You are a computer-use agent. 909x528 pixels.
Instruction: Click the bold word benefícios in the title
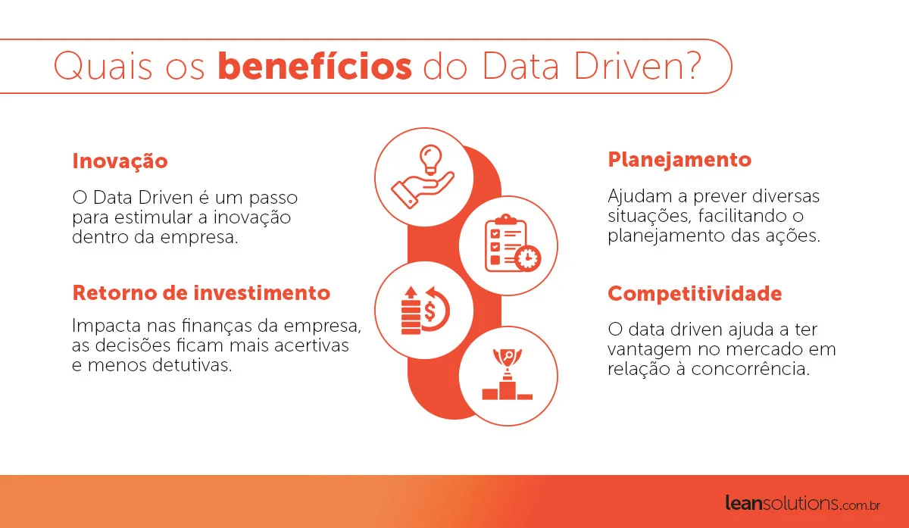[x=315, y=65]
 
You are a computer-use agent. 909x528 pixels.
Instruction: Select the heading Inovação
[x=120, y=161]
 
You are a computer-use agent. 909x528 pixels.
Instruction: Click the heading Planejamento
[x=679, y=160]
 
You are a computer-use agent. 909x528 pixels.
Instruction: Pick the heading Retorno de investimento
[x=201, y=292]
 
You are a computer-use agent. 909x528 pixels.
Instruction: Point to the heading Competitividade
[x=695, y=294]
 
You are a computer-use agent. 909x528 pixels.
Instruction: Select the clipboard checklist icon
[x=513, y=243]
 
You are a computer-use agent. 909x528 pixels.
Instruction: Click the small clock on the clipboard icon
[x=527, y=258]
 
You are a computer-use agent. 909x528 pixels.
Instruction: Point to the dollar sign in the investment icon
[x=430, y=311]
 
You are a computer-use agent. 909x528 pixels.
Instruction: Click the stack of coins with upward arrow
[x=411, y=311]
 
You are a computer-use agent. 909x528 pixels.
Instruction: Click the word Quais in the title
[x=103, y=66]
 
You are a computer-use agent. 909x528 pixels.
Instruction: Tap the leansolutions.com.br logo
[x=802, y=504]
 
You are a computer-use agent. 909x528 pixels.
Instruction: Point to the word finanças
[x=217, y=326]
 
